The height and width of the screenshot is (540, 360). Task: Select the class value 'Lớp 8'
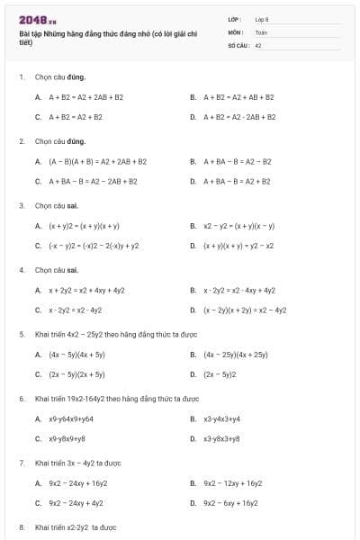(x=262, y=19)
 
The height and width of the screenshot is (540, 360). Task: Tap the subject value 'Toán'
(x=261, y=31)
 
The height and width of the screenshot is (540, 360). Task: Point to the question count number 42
(x=258, y=44)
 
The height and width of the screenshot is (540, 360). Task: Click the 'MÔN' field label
(x=235, y=31)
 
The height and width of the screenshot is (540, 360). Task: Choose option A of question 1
(x=85, y=96)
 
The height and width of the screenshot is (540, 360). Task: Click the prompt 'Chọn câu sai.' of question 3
(x=57, y=205)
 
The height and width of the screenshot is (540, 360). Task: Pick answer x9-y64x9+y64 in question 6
(x=71, y=418)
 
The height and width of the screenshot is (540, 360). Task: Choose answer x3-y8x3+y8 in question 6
(x=221, y=438)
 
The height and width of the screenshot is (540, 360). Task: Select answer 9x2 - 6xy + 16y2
(x=230, y=503)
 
